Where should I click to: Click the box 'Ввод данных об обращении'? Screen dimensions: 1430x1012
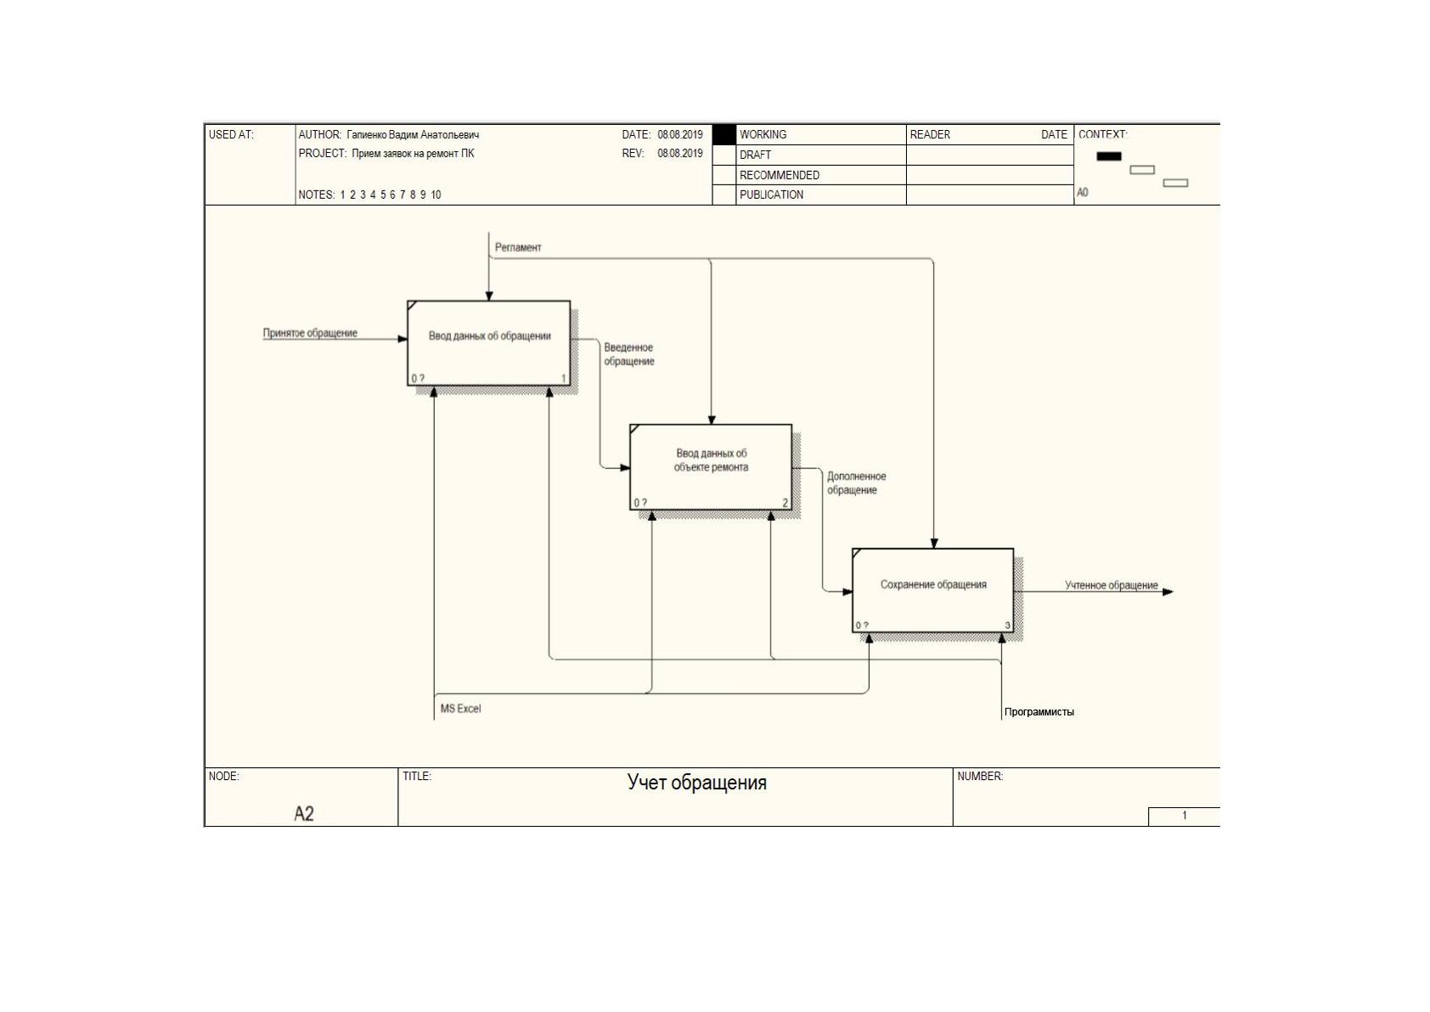click(x=488, y=343)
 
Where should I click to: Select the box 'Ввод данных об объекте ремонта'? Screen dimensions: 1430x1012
click(x=711, y=467)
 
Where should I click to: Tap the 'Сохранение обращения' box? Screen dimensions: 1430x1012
click(x=932, y=591)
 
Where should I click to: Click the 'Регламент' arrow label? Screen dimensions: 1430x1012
click(x=518, y=247)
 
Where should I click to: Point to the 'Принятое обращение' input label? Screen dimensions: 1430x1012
click(x=310, y=333)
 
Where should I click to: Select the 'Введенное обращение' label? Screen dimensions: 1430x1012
click(x=629, y=354)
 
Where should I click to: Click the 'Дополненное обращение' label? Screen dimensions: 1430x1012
click(x=856, y=483)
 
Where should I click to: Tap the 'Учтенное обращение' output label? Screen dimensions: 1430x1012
click(x=1111, y=585)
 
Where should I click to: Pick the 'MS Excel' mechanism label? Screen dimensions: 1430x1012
click(x=460, y=709)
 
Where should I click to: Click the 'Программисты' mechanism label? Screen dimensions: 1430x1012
click(x=1039, y=712)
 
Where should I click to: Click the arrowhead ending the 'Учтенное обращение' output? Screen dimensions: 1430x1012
click(x=1168, y=591)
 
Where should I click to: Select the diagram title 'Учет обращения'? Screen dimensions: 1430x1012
click(x=696, y=783)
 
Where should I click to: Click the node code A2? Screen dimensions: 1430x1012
click(x=304, y=813)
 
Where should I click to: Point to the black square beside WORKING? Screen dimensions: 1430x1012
click(x=724, y=135)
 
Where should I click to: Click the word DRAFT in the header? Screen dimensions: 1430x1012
click(x=755, y=155)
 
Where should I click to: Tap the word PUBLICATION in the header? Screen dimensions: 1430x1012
click(x=771, y=195)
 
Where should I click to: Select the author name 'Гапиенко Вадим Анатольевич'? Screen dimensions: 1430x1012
click(x=413, y=135)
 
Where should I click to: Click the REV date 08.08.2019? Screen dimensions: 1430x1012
click(x=680, y=153)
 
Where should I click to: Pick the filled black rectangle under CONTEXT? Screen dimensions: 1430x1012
click(x=1109, y=155)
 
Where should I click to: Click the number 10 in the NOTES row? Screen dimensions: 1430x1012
click(x=436, y=195)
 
